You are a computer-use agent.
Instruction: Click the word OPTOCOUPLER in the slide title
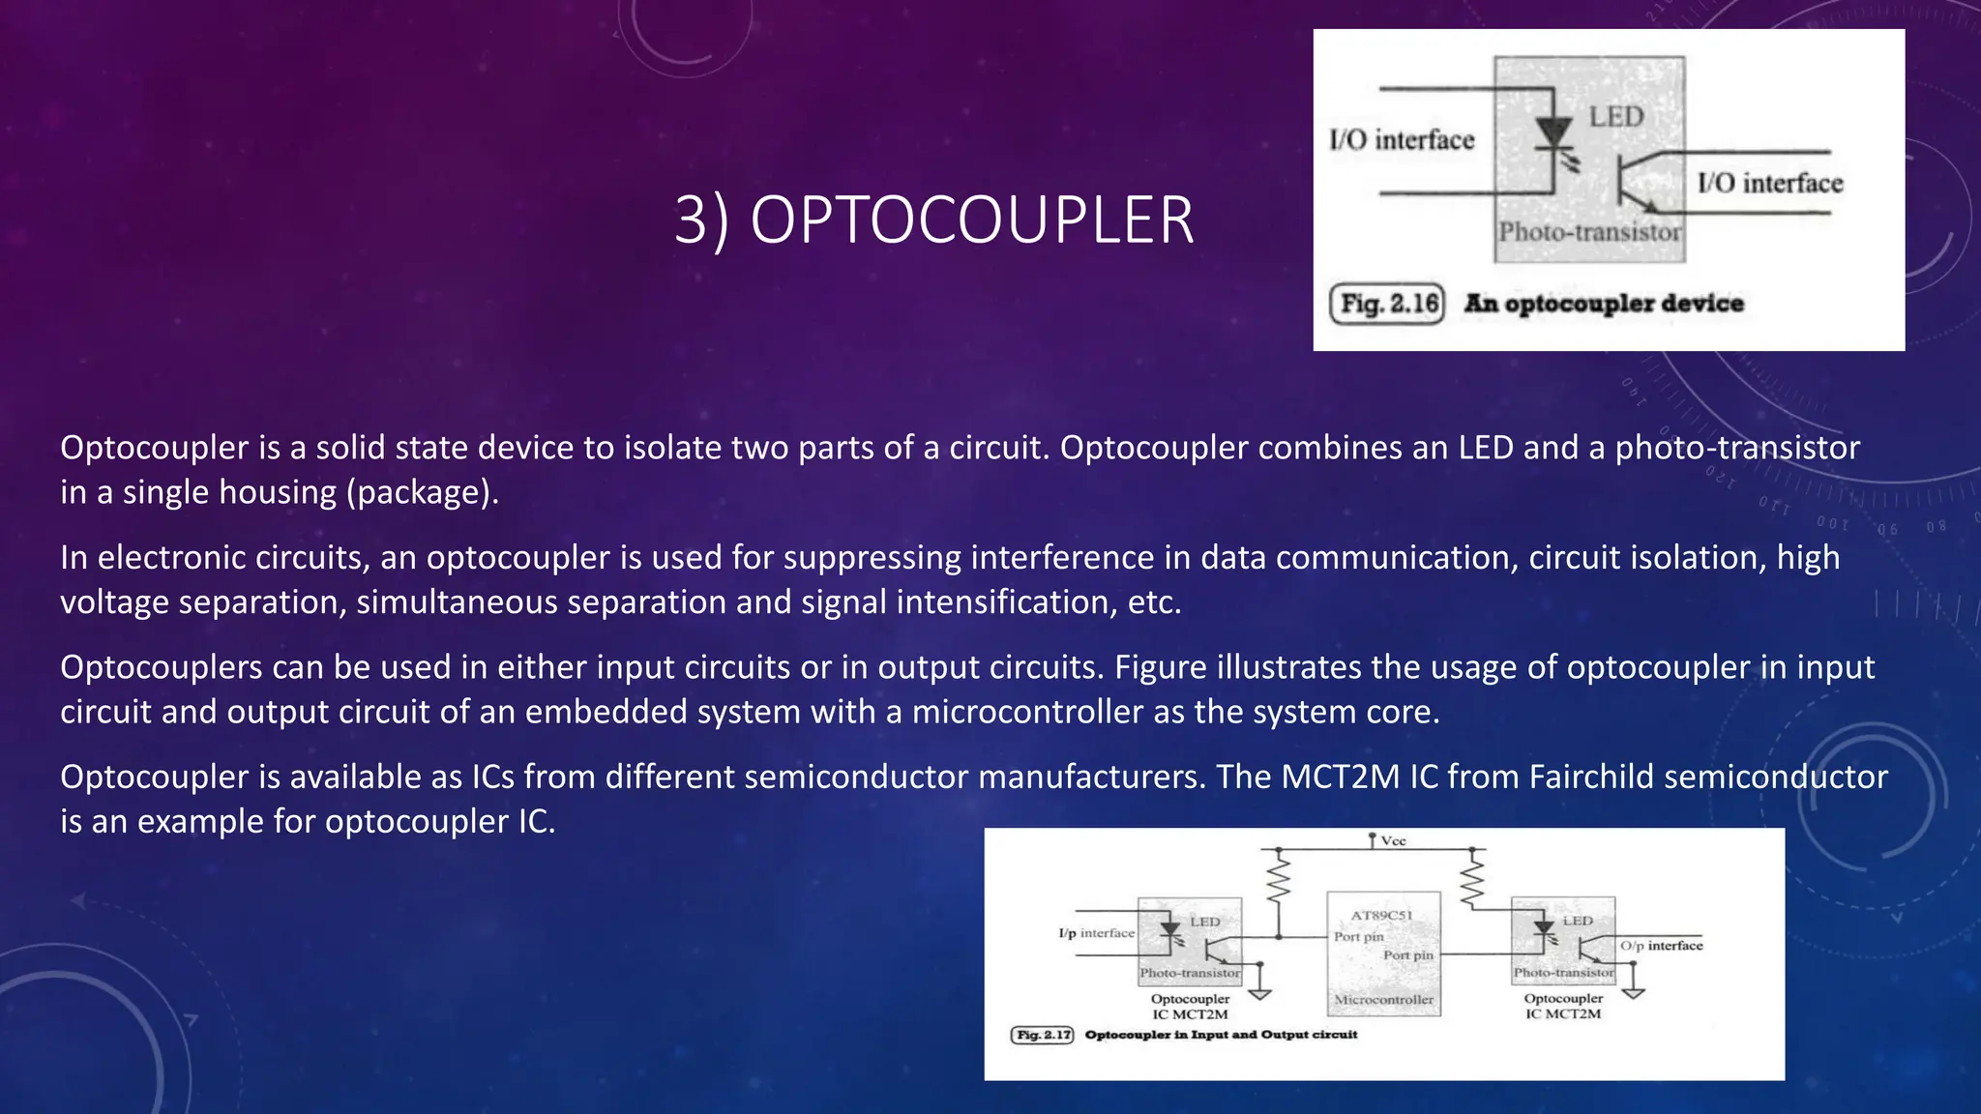point(972,220)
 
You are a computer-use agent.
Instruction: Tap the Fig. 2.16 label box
point(1386,304)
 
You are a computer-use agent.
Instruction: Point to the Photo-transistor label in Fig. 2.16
point(1589,232)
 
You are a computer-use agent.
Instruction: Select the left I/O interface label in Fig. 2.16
point(1402,140)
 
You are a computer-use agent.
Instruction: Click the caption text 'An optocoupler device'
point(1604,304)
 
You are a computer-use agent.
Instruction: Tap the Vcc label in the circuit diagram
point(1393,841)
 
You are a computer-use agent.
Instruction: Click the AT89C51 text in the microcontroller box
point(1381,915)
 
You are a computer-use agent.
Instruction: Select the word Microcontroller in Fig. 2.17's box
point(1383,1000)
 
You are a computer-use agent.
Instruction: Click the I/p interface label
point(1096,933)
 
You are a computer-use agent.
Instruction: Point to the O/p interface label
point(1661,946)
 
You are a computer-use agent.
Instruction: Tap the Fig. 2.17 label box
point(1042,1035)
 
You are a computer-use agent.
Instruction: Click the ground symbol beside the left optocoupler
point(1259,990)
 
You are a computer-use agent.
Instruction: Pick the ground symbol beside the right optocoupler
point(1633,990)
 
